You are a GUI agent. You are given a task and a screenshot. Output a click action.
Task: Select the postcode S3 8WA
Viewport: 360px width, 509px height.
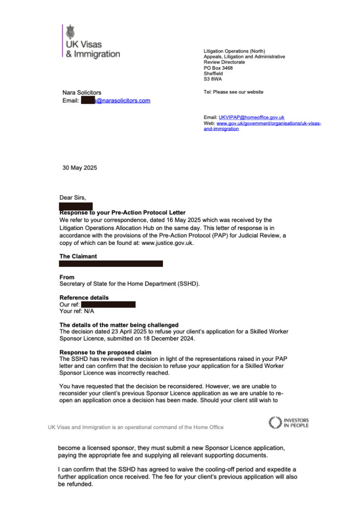point(213,79)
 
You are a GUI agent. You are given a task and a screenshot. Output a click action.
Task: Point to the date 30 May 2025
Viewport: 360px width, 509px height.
point(79,168)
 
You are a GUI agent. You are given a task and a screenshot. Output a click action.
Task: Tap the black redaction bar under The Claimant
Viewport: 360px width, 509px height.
point(111,264)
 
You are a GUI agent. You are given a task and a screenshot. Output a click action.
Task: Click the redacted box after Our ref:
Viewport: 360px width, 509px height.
point(108,304)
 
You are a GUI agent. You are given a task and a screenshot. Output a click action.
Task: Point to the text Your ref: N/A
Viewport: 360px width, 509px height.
point(77,311)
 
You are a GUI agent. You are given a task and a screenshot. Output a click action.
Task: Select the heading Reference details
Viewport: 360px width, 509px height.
point(84,298)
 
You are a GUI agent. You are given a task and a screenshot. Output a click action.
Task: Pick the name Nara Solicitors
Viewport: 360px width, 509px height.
point(81,93)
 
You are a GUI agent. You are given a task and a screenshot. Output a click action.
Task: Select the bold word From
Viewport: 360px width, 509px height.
point(67,277)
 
